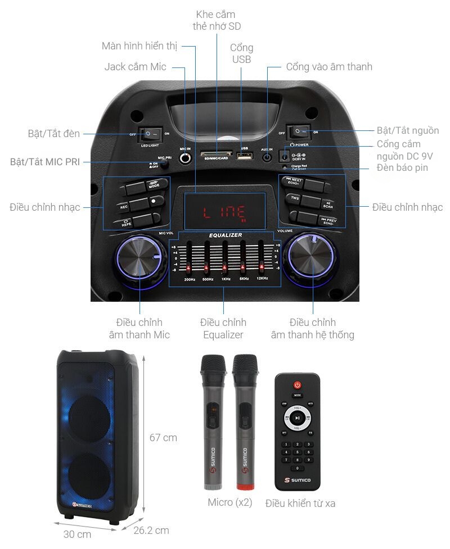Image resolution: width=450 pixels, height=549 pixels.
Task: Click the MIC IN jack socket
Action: (x=185, y=158)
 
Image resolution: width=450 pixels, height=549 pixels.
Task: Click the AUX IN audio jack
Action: (x=267, y=158)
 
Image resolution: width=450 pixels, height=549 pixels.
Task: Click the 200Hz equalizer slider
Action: (x=190, y=258)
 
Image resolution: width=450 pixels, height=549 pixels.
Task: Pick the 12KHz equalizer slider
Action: (x=261, y=258)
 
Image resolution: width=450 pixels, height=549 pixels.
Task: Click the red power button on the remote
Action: (x=298, y=385)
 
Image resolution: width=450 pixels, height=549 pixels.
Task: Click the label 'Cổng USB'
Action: (x=241, y=53)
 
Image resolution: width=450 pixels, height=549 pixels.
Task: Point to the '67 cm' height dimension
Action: (x=163, y=437)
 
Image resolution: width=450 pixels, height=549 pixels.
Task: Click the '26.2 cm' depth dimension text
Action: (x=151, y=530)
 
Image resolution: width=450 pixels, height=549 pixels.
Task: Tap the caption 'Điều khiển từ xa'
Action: (x=300, y=503)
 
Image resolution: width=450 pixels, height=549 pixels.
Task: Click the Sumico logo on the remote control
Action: (x=298, y=481)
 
